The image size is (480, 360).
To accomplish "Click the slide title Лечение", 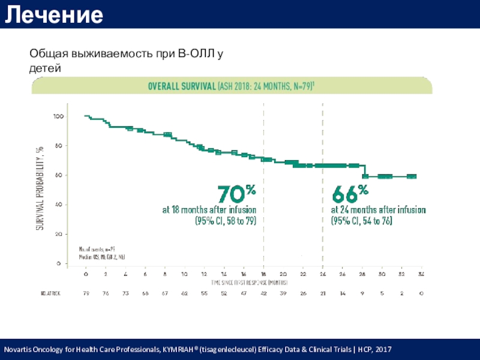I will point(54,14).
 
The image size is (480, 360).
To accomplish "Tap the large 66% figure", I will point(350,194).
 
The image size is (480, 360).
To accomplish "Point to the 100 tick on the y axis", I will point(59,116).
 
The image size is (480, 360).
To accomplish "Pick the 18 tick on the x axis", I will point(263,274).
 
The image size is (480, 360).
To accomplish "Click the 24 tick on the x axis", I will point(322,274).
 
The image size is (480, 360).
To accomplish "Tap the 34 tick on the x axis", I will point(421,274).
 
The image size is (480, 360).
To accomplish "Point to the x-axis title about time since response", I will point(249,282).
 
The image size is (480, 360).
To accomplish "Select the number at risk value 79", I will point(86,293).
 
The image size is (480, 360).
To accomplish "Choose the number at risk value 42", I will point(263,293).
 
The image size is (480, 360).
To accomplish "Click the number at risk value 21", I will point(322,293).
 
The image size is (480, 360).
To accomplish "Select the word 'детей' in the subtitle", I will point(46,68).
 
